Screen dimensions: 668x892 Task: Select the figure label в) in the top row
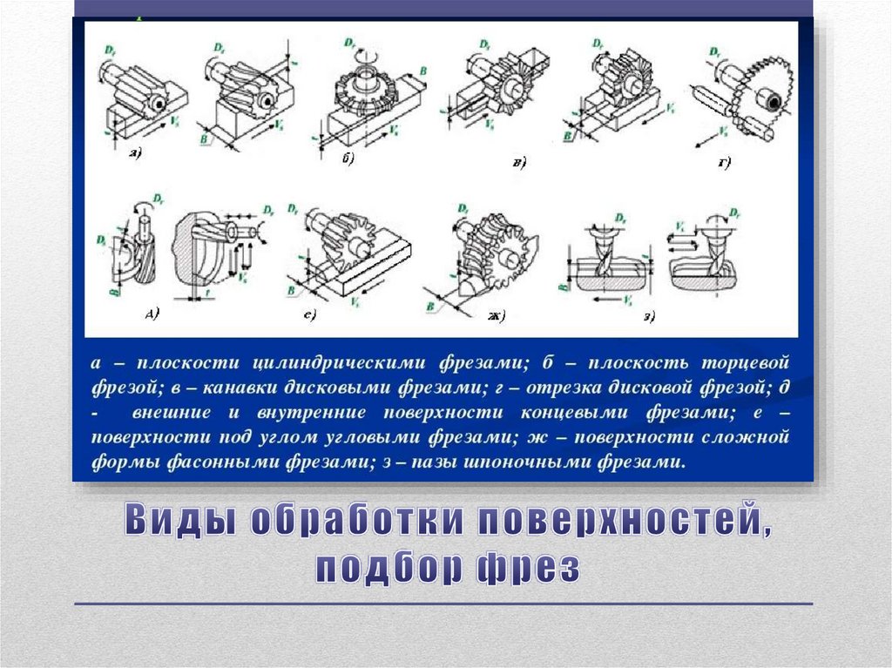pyautogui.click(x=518, y=163)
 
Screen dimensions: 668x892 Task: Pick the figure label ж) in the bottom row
pyautogui.click(x=497, y=314)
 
